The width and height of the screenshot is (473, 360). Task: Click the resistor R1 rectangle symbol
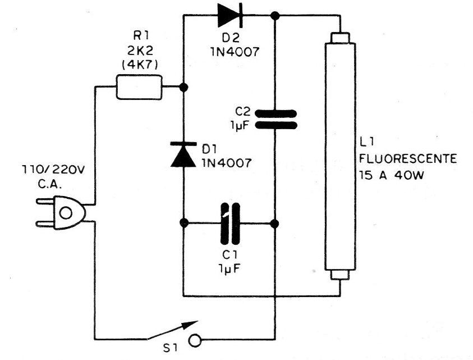(x=139, y=87)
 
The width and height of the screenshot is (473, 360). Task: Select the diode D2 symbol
(x=230, y=15)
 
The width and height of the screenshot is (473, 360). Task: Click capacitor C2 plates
(x=275, y=119)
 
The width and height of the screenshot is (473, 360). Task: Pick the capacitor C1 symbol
(x=230, y=224)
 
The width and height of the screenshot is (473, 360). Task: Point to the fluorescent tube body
(x=340, y=157)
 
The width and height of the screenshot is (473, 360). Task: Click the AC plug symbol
(x=61, y=213)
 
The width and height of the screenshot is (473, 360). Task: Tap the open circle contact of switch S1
(x=195, y=341)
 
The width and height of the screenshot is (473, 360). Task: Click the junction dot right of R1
(x=183, y=87)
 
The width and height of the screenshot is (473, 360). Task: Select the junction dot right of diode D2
(x=275, y=15)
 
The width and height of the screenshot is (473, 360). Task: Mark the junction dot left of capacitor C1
(x=183, y=224)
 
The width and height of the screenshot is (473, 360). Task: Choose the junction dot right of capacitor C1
(x=275, y=224)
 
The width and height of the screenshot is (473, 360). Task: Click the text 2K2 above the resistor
(x=140, y=51)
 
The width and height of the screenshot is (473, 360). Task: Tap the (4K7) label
(x=140, y=65)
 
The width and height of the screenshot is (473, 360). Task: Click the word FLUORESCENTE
(x=408, y=158)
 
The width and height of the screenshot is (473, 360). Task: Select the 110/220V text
(x=54, y=170)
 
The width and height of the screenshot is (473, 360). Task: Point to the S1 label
(x=171, y=349)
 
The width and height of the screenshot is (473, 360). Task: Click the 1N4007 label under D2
(x=235, y=52)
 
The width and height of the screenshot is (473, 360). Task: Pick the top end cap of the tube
(x=340, y=38)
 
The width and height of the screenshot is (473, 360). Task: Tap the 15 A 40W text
(x=392, y=175)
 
